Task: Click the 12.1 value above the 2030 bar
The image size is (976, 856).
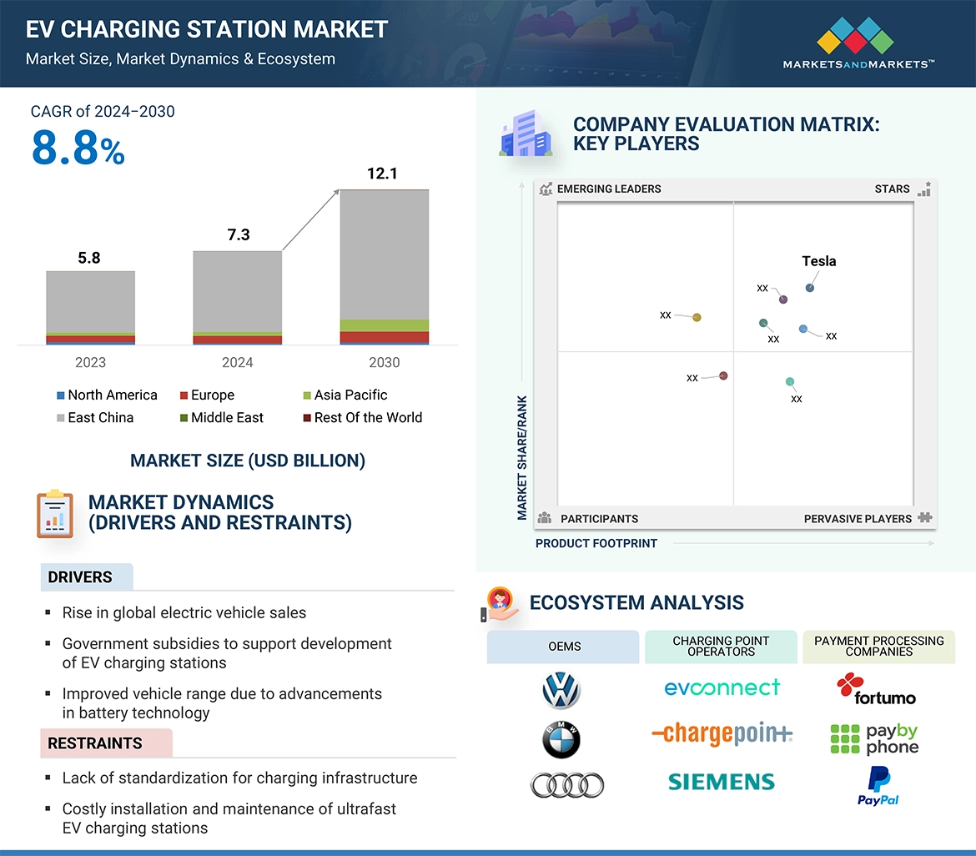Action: [x=382, y=174]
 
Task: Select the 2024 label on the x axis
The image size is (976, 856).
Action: [x=237, y=362]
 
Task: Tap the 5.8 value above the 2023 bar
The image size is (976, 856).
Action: [x=89, y=258]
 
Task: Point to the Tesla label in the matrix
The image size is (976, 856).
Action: [x=818, y=261]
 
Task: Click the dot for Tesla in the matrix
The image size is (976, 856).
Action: [x=809, y=288]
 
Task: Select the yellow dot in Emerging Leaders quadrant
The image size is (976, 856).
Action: [x=697, y=317]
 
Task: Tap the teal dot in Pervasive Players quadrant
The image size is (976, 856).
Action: [x=790, y=382]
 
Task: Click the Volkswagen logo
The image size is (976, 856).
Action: [x=561, y=691]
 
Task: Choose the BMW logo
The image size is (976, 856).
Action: [x=561, y=740]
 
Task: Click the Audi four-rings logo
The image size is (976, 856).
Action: [x=566, y=784]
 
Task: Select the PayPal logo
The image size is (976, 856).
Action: [x=878, y=787]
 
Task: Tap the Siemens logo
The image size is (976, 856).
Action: [x=722, y=782]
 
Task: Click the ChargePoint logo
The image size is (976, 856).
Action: [x=722, y=734]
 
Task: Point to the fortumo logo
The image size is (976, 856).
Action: [x=876, y=689]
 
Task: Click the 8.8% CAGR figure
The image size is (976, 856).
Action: [x=78, y=149]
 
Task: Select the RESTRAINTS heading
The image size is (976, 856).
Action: [x=95, y=743]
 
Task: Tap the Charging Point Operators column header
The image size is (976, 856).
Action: [x=722, y=647]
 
